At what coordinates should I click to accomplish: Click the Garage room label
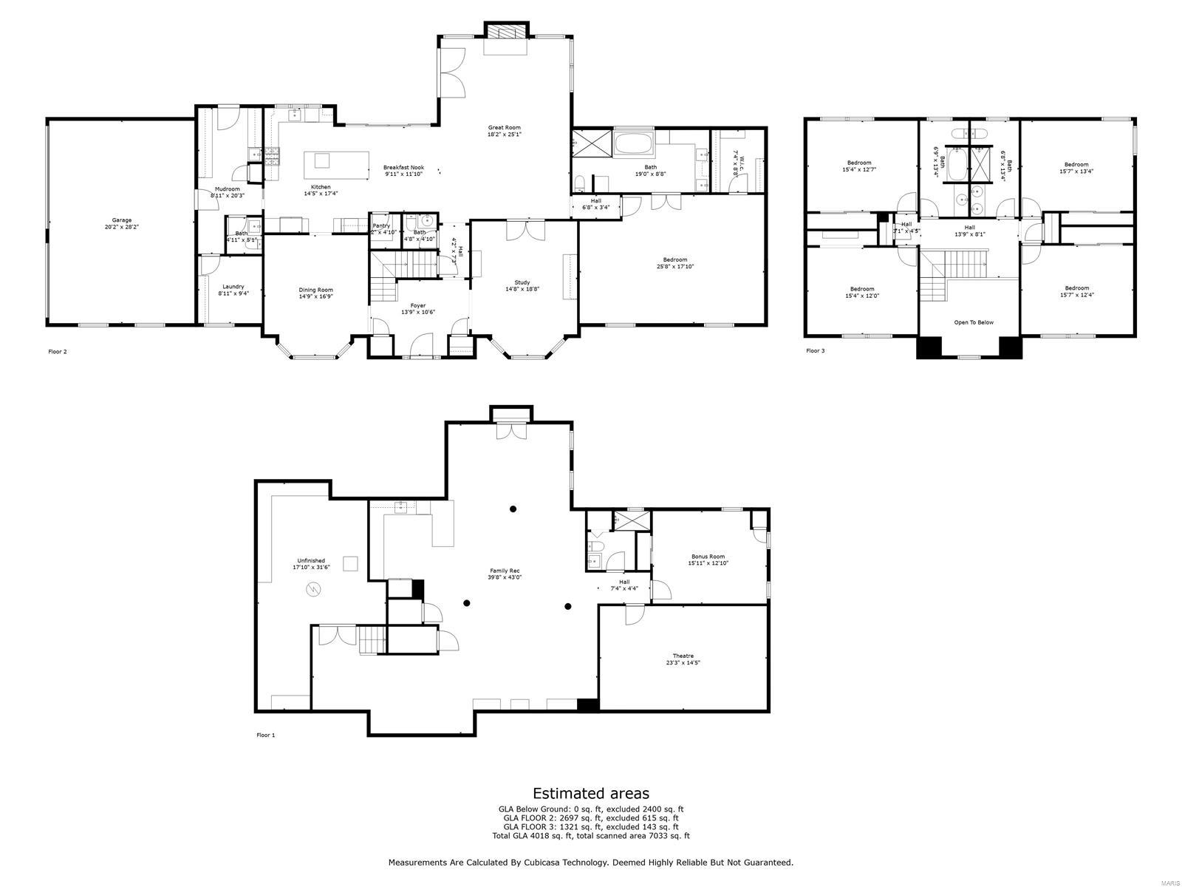coord(122,220)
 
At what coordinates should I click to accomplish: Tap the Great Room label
coord(504,128)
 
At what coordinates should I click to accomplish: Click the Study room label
coord(522,282)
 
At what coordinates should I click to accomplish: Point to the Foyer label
coord(418,305)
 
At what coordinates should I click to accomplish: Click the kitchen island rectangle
coord(336,165)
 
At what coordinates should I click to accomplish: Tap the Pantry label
coord(381,225)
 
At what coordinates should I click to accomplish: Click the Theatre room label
coord(683,656)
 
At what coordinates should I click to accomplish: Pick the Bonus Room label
coord(708,557)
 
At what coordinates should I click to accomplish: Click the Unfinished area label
coord(311,561)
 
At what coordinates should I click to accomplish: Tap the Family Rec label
coord(505,571)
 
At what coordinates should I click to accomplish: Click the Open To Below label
coord(974,322)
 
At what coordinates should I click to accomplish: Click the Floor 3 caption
coord(815,350)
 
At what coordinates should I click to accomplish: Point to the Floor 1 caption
coord(265,735)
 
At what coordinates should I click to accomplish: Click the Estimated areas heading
coord(591,794)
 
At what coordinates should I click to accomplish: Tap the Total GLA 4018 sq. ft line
coord(591,836)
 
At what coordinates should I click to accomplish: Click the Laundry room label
coord(233,287)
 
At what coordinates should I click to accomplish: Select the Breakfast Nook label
coord(403,168)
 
